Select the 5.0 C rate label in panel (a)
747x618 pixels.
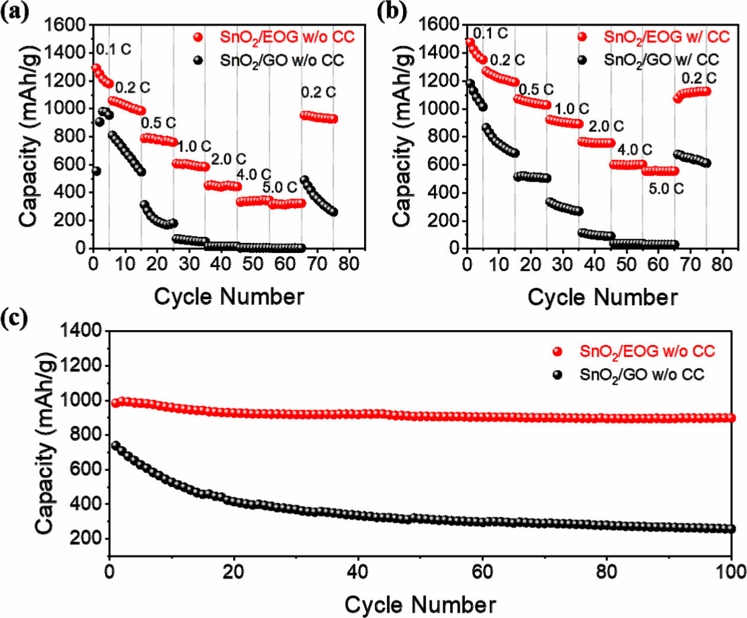point(279,188)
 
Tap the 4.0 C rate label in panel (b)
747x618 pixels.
point(634,150)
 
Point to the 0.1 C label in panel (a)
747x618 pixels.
point(113,49)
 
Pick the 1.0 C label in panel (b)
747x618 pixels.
point(571,108)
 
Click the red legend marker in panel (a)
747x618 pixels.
point(198,37)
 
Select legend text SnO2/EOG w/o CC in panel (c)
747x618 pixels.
point(647,351)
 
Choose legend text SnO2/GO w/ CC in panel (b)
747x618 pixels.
point(661,60)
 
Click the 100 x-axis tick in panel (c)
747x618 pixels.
point(730,571)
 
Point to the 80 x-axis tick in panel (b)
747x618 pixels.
point(722,264)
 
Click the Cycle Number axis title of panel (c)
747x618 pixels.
point(420,605)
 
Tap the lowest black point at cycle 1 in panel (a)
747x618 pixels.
point(96,171)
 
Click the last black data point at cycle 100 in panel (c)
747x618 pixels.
point(731,529)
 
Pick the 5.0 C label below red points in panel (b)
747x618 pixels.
point(666,188)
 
